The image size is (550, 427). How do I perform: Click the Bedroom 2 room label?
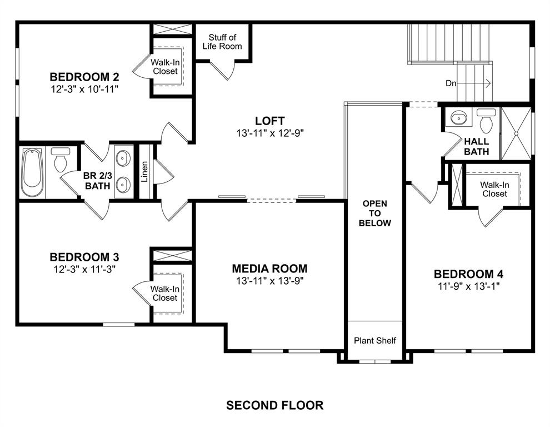pyautogui.click(x=84, y=77)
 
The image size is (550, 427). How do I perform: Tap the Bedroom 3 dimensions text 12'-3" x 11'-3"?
pyautogui.click(x=84, y=269)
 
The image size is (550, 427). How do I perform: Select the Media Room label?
pyautogui.click(x=269, y=269)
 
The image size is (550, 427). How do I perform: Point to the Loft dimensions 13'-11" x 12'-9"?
pyautogui.click(x=269, y=133)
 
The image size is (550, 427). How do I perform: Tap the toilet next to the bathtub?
pyautogui.click(x=60, y=160)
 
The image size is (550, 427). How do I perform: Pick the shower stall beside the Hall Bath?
pyautogui.click(x=516, y=133)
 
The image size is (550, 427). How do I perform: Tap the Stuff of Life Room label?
pyautogui.click(x=222, y=42)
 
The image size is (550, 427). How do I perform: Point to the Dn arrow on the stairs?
pyautogui.click(x=469, y=83)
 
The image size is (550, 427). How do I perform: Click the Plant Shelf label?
pyautogui.click(x=375, y=340)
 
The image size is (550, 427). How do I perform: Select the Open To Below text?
pyautogui.click(x=375, y=213)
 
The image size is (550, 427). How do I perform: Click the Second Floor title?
pyautogui.click(x=274, y=405)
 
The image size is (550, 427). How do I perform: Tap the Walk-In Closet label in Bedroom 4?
pyautogui.click(x=494, y=189)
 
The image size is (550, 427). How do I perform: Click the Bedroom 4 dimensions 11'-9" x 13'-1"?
pyautogui.click(x=468, y=287)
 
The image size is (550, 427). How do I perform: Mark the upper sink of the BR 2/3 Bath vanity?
pyautogui.click(x=123, y=158)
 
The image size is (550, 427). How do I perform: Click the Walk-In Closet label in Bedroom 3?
pyautogui.click(x=165, y=293)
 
